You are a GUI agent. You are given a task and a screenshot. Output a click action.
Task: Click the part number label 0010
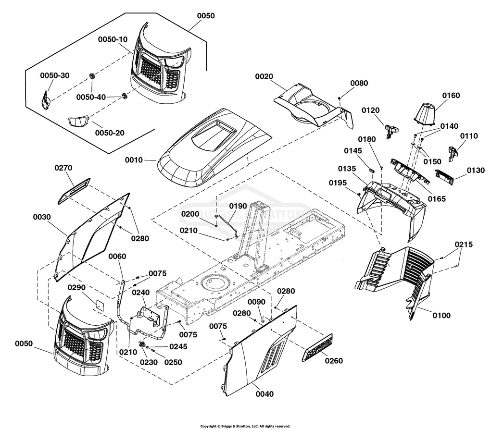134,160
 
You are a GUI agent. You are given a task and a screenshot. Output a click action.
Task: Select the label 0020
264,77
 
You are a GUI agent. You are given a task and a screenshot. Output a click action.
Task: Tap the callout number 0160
451,96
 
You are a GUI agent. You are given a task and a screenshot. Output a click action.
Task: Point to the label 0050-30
55,75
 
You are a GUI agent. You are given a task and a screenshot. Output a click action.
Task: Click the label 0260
334,361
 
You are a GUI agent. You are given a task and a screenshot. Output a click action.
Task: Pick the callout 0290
77,287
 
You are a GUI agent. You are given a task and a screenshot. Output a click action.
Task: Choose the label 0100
441,315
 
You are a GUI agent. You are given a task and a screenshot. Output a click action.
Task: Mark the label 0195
338,183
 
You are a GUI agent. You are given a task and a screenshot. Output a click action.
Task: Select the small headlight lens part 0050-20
78,122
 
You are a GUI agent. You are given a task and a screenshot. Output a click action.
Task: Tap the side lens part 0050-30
46,100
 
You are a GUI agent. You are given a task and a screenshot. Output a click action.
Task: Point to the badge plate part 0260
317,348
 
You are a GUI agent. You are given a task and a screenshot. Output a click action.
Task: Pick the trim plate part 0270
74,191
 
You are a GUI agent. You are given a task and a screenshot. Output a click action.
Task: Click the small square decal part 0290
100,304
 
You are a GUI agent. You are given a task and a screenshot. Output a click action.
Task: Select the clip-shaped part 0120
391,131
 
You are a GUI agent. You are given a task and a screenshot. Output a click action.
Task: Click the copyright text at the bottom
245,426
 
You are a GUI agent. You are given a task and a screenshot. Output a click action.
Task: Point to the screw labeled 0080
340,99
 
